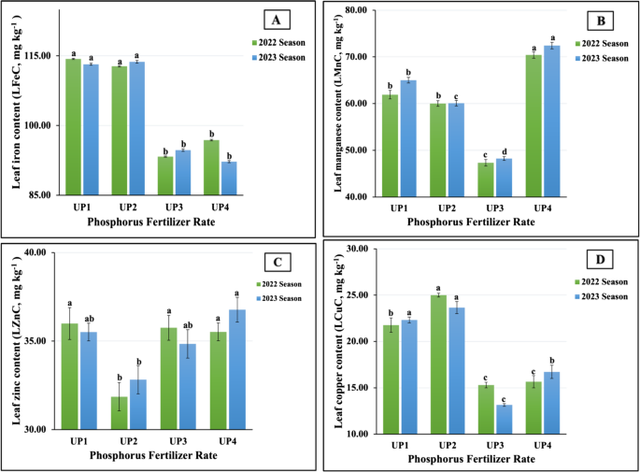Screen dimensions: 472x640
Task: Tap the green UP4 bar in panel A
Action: tap(211, 167)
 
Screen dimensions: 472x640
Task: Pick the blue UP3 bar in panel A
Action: tap(182, 172)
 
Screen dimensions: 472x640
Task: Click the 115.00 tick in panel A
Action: tap(41, 56)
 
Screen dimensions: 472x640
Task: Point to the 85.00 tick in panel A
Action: tap(41, 195)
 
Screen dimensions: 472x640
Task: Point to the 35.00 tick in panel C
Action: tap(41, 341)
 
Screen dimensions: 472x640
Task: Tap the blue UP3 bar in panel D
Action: tap(505, 419)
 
